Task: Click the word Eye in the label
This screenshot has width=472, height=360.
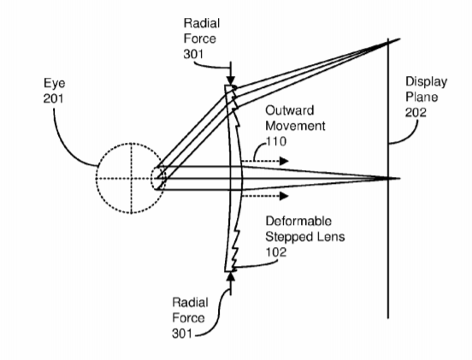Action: (54, 84)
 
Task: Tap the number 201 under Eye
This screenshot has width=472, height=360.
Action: (53, 98)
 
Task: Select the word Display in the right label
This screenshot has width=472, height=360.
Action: (426, 82)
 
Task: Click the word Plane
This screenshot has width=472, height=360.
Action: (422, 97)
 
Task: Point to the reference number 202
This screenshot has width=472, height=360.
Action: (416, 112)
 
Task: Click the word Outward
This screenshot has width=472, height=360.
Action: (290, 110)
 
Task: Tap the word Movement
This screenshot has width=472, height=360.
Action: (295, 126)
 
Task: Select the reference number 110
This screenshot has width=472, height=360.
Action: (276, 141)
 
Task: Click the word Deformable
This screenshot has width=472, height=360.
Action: (298, 221)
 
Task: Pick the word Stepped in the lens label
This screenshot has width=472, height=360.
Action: (288, 237)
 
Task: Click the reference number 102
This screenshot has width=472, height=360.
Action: (275, 252)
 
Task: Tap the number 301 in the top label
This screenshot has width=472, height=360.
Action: (193, 54)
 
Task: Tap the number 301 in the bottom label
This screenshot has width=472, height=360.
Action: (182, 333)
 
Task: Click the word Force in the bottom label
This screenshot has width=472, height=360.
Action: (188, 318)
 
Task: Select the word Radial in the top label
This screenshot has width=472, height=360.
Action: (202, 23)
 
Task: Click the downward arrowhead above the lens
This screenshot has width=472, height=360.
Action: (231, 80)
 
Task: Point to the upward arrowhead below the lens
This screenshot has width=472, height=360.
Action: (231, 276)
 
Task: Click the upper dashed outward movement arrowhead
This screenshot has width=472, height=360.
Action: (284, 161)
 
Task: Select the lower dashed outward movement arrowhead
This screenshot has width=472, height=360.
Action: (284, 196)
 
